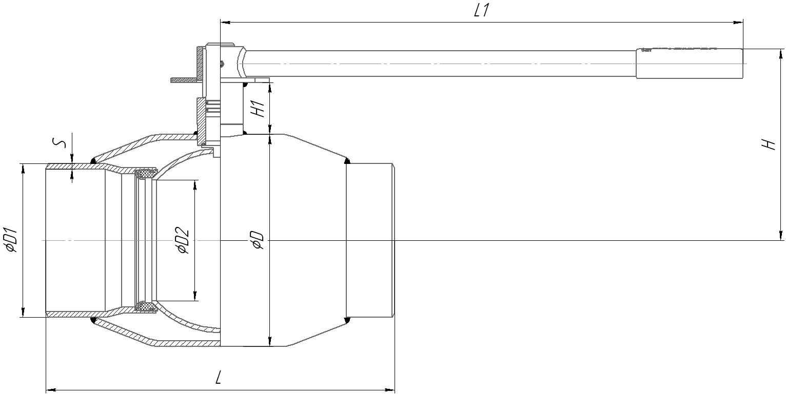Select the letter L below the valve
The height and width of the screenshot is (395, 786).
(x=219, y=378)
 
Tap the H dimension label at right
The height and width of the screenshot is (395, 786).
(x=768, y=144)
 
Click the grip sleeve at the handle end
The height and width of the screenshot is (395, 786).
(x=689, y=64)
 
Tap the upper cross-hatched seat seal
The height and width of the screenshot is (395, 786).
(x=146, y=174)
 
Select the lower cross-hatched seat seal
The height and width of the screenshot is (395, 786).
(x=146, y=307)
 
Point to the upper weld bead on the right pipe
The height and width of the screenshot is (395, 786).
(x=347, y=161)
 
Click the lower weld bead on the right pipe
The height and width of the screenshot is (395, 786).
(x=347, y=320)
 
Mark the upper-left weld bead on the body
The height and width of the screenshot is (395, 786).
(x=93, y=161)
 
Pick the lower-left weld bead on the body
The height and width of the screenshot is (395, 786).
(x=93, y=320)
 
